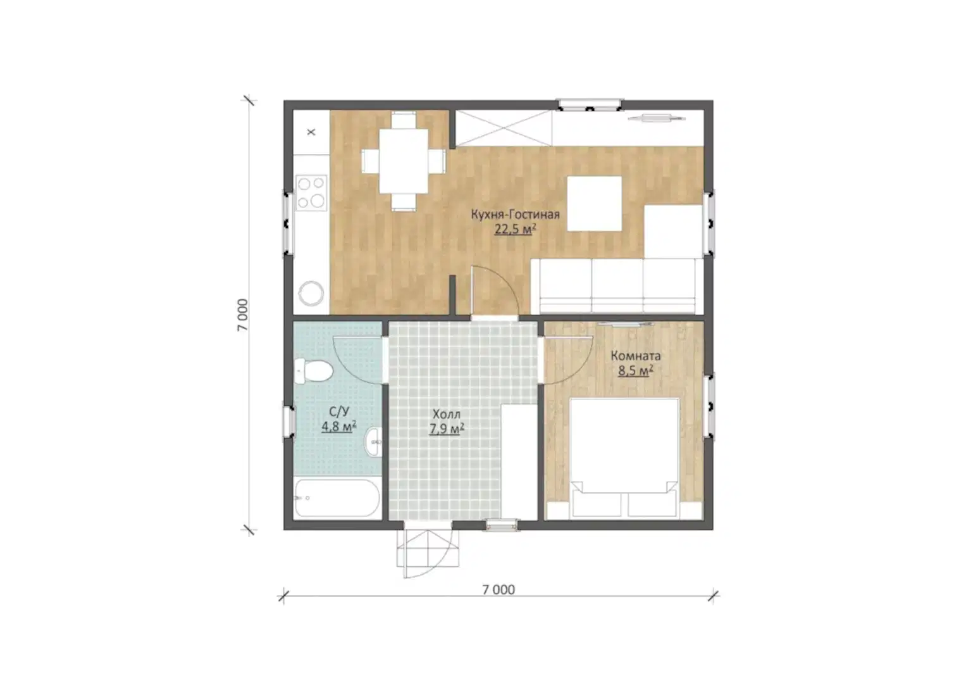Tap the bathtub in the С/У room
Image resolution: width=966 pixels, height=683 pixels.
[x=337, y=498]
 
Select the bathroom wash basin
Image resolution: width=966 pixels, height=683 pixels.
[x=373, y=441]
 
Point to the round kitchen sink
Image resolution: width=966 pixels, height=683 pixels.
[x=311, y=294]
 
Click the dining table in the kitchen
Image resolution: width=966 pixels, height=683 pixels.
[x=403, y=161]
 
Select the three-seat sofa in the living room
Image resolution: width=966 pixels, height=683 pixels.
[x=617, y=286]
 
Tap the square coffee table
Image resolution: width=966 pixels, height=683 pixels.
[x=594, y=203]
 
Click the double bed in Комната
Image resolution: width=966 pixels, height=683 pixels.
[x=624, y=458]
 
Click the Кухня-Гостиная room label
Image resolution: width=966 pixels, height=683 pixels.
[x=515, y=215]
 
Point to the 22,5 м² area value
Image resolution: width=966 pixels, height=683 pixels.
[x=515, y=229]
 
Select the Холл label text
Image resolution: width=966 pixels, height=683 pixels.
[x=447, y=414]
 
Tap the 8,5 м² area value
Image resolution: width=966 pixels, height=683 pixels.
[x=635, y=370]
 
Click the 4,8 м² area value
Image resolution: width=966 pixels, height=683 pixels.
[x=338, y=427]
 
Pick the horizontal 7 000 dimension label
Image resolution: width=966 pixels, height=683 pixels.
[x=498, y=590]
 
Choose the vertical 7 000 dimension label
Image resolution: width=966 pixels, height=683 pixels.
[x=242, y=315]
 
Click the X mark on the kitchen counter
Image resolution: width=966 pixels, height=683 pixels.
[x=311, y=132]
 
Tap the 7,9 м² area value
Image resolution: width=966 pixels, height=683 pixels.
[x=447, y=429]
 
